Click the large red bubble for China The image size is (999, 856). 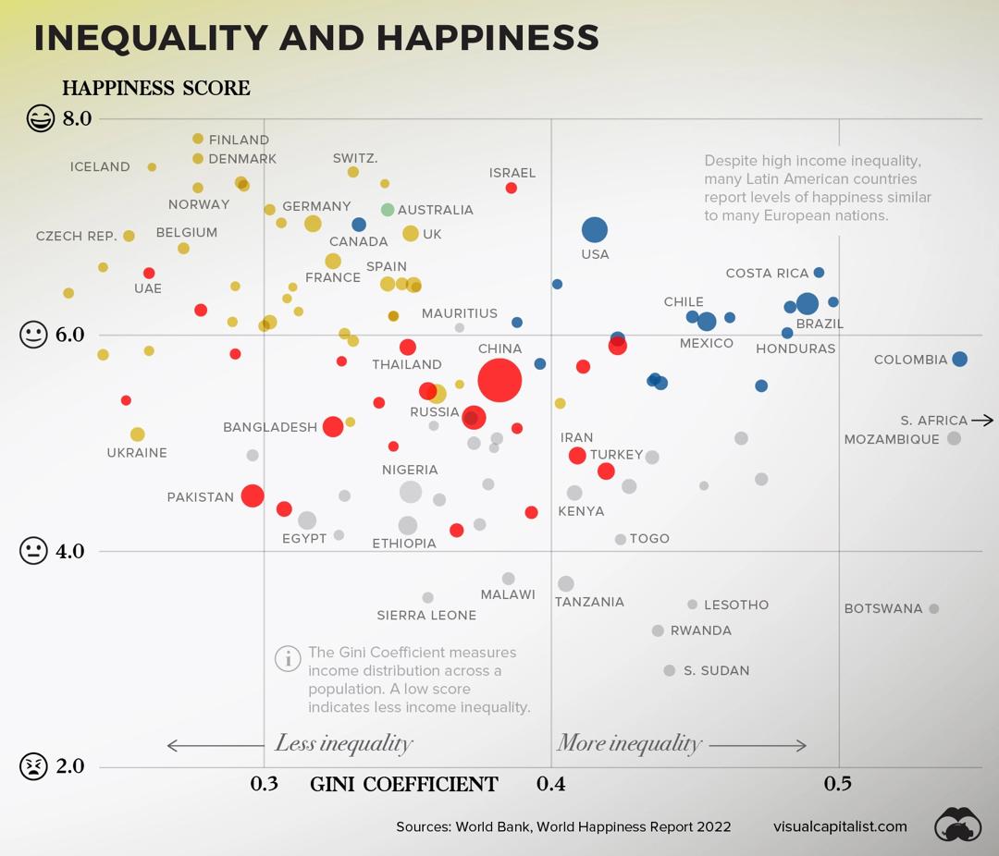pos(499,380)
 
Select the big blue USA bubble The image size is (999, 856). pos(595,230)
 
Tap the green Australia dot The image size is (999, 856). pos(388,210)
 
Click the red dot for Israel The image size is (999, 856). pos(512,189)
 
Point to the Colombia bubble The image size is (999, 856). pos(959,360)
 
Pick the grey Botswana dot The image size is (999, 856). pos(934,608)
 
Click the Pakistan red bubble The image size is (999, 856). pos(253,495)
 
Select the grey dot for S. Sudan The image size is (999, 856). pos(670,670)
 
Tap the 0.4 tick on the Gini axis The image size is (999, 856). pos(551,784)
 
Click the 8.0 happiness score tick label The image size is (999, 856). pos(77,118)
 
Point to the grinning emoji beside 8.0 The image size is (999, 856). pos(40,118)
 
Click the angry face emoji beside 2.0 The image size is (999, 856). pos(33,766)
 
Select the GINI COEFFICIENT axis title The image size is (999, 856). pos(404,785)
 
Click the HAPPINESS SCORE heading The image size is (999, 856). pos(156,89)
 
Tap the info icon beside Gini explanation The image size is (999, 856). pos(288,658)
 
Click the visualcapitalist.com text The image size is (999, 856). pos(840,826)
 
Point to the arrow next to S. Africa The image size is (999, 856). pos(982,420)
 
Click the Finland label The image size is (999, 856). pos(239,140)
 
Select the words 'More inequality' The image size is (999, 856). pos(629,743)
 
